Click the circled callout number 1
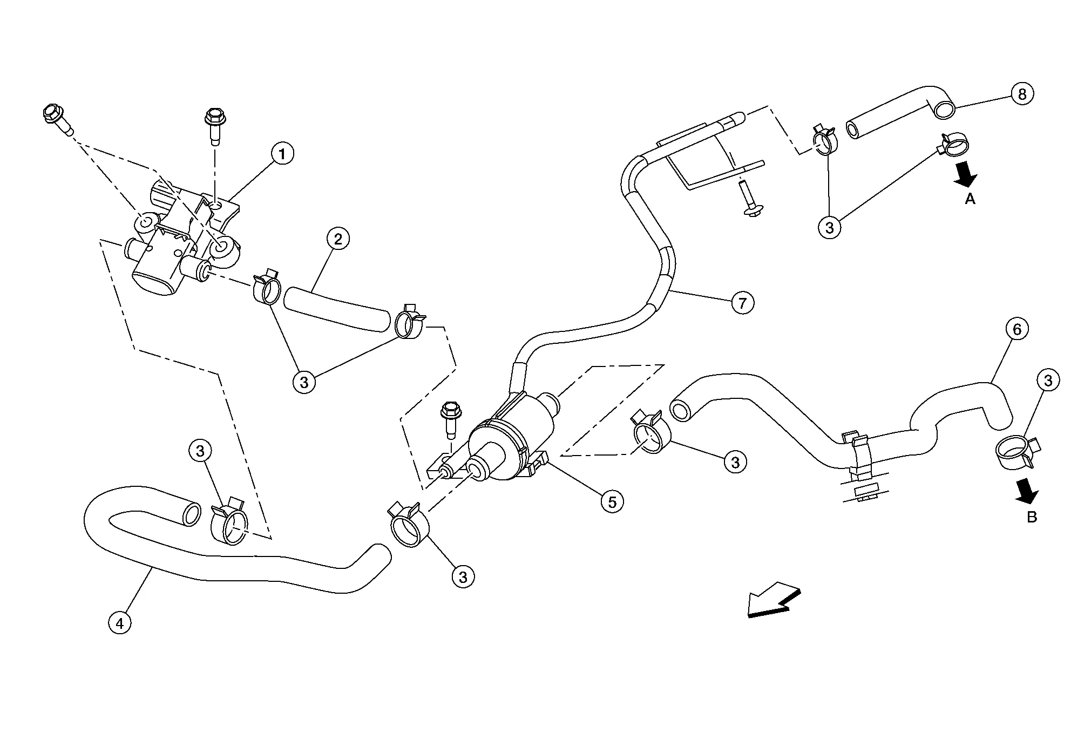pos(282,154)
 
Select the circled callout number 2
pos(338,239)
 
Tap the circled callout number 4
pos(120,623)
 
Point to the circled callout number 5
pos(612,502)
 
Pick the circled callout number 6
pos(1017,329)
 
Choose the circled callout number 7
pos(742,303)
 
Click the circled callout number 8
pos(1022,94)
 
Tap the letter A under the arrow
pos(970,199)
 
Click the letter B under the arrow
pos(1032,517)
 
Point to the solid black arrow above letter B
pos(1027,491)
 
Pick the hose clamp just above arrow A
pos(955,145)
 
